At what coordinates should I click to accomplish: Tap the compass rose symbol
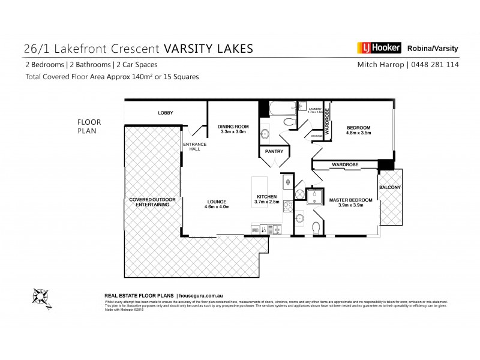(41, 296)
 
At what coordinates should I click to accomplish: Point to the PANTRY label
(274, 152)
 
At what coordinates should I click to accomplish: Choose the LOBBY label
(166, 113)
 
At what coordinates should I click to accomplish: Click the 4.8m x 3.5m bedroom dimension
(358, 133)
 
